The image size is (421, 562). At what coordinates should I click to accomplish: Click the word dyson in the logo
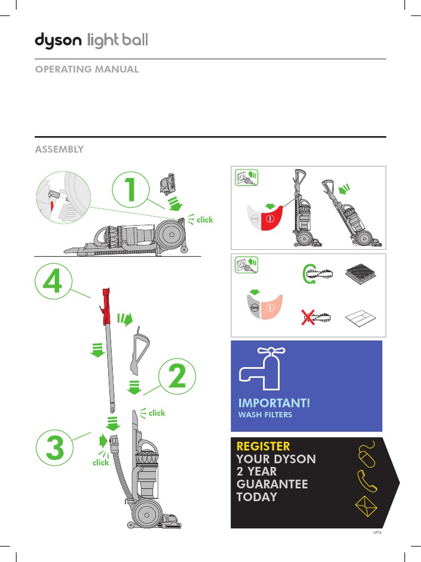click(x=58, y=41)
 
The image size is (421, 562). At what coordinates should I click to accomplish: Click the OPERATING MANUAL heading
click(x=87, y=69)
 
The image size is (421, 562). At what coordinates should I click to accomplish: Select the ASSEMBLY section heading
click(x=59, y=149)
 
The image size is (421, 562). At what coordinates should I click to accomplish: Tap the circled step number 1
click(x=130, y=190)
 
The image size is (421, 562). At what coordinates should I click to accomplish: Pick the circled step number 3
click(x=55, y=449)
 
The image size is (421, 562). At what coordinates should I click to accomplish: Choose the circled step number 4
click(x=53, y=284)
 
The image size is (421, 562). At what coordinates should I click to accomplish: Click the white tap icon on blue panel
click(x=259, y=368)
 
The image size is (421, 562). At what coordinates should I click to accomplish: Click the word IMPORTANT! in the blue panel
click(x=274, y=403)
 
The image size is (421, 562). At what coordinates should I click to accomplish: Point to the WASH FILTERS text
click(x=265, y=415)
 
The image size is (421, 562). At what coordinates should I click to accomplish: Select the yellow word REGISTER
click(x=263, y=446)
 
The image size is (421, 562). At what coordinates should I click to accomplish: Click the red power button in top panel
click(x=270, y=218)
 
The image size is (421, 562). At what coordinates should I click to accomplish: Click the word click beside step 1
click(x=204, y=220)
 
